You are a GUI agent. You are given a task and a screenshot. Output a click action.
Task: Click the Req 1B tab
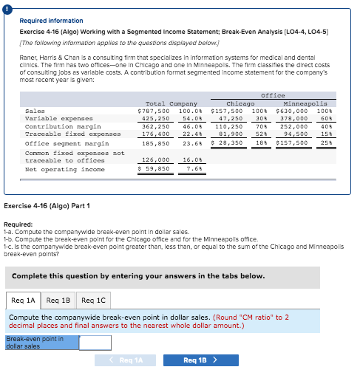tap(58, 301)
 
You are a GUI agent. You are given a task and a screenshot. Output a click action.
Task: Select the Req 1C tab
tap(92, 301)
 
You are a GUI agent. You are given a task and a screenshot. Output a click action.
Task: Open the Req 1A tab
tap(23, 301)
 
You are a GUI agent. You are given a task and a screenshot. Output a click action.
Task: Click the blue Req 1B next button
tap(200, 360)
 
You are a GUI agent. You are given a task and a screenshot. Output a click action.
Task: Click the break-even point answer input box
tap(95, 343)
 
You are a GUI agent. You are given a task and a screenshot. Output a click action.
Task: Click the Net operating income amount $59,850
tap(154, 168)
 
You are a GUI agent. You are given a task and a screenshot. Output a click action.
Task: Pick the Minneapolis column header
tap(305, 103)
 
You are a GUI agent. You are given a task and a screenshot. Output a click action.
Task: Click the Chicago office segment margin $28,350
tap(227, 143)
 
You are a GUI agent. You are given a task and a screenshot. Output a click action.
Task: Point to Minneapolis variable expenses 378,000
tap(293, 119)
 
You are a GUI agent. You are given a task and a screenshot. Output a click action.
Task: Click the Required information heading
tap(51, 21)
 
